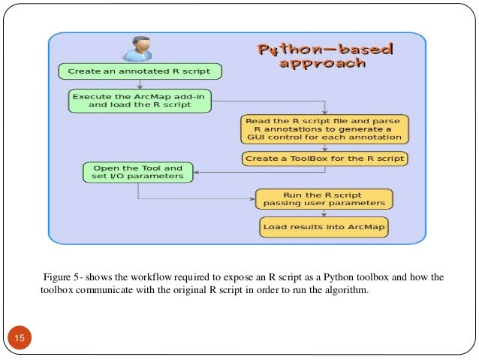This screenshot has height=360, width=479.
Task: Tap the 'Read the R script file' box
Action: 324,129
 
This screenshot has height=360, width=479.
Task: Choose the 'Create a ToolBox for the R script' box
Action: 324,159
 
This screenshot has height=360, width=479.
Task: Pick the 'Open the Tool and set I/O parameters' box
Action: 137,172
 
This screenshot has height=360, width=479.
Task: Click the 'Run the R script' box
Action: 324,198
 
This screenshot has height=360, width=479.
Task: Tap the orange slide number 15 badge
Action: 20,340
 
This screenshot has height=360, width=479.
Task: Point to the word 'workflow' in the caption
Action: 148,277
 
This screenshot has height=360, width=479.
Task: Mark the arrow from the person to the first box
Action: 140,62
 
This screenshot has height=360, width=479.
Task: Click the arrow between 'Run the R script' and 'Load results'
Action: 324,212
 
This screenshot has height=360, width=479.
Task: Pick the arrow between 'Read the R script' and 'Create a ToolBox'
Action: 324,147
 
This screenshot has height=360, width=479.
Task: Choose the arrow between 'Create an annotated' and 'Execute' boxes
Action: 140,85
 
